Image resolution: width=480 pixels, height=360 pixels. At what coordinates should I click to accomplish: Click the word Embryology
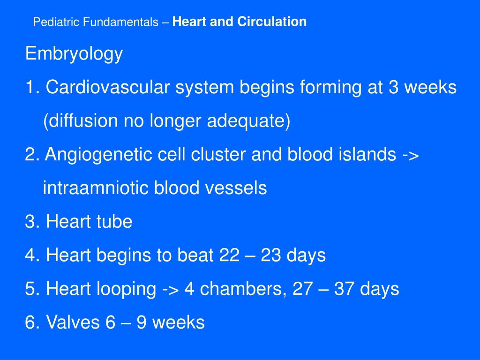pyautogui.click(x=74, y=54)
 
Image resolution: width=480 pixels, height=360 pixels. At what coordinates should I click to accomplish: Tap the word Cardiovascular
pyautogui.click(x=101, y=87)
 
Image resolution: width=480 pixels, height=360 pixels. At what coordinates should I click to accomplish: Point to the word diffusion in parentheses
pyautogui.click(x=82, y=121)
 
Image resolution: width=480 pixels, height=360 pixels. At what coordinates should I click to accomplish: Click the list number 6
pyautogui.click(x=30, y=322)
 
